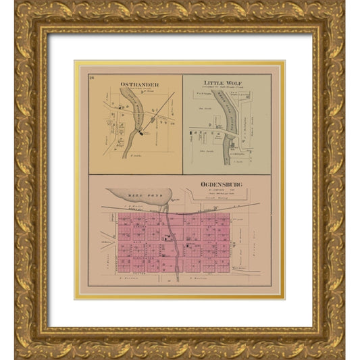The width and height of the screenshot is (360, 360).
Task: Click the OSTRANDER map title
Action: [134, 84]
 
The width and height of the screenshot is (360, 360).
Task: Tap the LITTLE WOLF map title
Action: [223, 83]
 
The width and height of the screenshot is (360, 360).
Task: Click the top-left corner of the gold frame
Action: [17, 17]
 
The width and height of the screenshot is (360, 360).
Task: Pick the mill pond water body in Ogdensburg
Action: [145, 200]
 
